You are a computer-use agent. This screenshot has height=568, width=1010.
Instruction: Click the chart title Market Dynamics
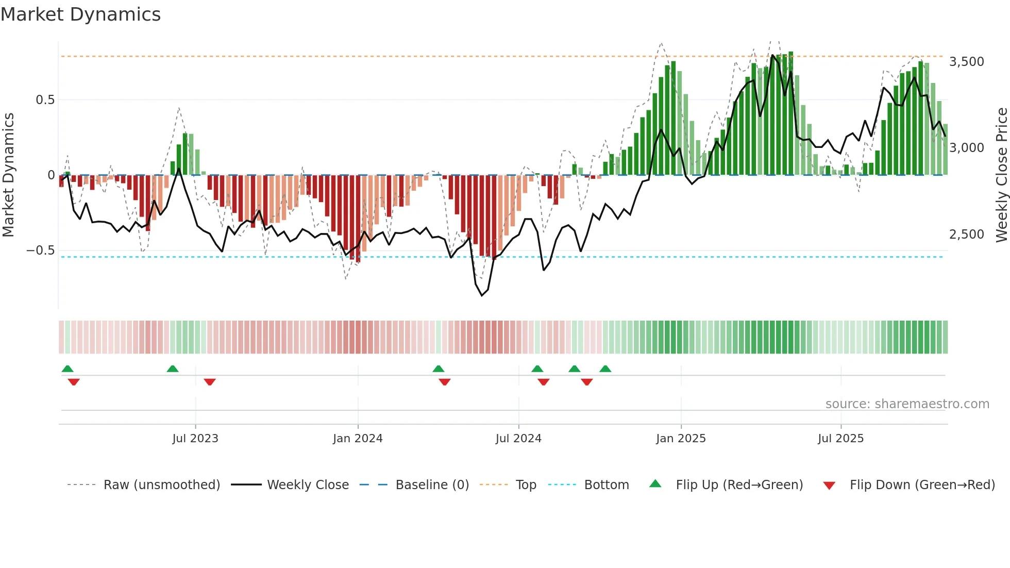pyautogui.click(x=80, y=14)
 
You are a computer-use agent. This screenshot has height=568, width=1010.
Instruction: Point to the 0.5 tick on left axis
pyautogui.click(x=45, y=100)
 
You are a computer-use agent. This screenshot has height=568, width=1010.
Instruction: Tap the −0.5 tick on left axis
pyautogui.click(x=41, y=250)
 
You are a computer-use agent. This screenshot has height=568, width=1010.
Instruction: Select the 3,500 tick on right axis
pyautogui.click(x=966, y=62)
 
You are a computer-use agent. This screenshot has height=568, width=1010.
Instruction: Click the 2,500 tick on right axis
pyautogui.click(x=966, y=235)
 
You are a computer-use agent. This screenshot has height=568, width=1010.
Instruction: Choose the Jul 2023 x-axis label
pyautogui.click(x=195, y=439)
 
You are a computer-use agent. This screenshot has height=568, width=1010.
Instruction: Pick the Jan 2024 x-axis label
pyautogui.click(x=358, y=439)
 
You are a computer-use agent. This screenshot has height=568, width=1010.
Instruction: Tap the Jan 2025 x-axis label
pyautogui.click(x=681, y=439)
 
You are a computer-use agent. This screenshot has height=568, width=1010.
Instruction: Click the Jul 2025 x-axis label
pyautogui.click(x=840, y=439)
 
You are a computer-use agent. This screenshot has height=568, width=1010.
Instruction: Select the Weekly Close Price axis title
pyautogui.click(x=1001, y=175)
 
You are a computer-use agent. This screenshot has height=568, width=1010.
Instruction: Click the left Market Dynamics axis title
pyautogui.click(x=8, y=175)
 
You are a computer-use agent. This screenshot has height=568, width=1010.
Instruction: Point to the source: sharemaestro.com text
pyautogui.click(x=907, y=404)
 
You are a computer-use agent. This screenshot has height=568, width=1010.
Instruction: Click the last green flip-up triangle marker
pyautogui.click(x=605, y=369)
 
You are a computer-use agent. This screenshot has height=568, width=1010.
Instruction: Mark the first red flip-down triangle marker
pyautogui.click(x=74, y=381)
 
